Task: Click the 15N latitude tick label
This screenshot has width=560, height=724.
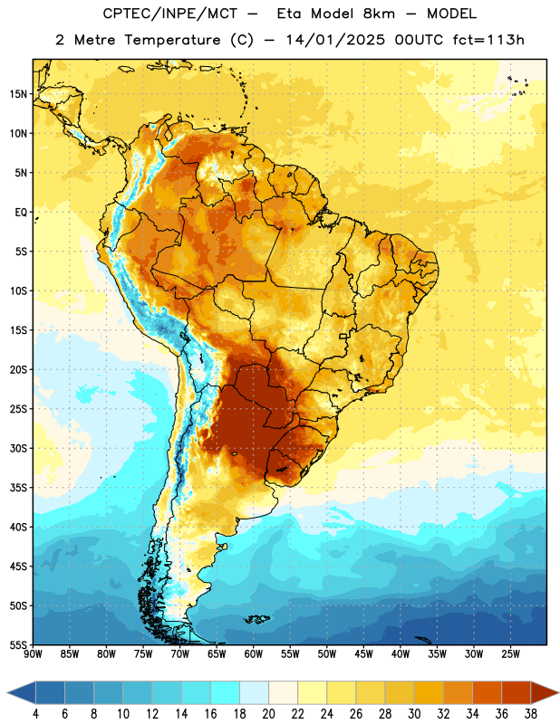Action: [18, 94]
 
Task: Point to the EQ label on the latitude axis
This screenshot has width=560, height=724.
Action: [21, 213]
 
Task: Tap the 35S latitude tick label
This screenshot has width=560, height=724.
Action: [18, 488]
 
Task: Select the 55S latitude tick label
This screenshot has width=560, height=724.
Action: [18, 644]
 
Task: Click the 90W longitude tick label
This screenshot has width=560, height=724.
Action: [33, 654]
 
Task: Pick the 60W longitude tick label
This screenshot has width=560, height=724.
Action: [254, 654]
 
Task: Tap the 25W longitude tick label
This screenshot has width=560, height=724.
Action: [510, 654]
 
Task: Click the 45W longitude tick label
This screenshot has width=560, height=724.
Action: [363, 654]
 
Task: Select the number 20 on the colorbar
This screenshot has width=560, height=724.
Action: [268, 713]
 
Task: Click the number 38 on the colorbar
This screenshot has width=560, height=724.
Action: [530, 713]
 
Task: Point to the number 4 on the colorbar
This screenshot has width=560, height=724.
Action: [35, 713]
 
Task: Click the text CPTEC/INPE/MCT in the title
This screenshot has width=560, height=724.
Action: [169, 14]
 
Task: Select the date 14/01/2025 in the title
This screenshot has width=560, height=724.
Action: [335, 40]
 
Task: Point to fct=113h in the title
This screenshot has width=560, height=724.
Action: [488, 40]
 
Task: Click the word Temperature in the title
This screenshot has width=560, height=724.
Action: [172, 41]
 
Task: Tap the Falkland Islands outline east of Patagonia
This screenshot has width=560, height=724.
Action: [257, 619]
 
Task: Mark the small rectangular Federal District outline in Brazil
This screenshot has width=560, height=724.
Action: [343, 336]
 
